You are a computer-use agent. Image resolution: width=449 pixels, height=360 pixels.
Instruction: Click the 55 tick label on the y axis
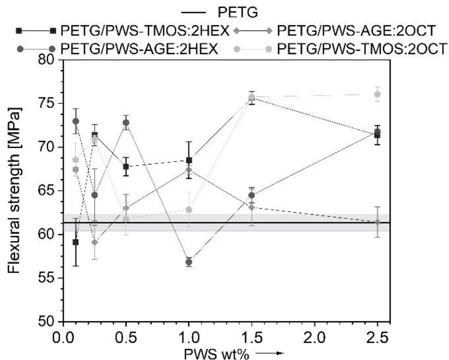click(x=48, y=278)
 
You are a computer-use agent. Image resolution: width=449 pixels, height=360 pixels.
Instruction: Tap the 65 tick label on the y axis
click(x=48, y=191)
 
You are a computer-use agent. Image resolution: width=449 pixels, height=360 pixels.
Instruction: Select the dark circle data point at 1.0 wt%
click(x=189, y=262)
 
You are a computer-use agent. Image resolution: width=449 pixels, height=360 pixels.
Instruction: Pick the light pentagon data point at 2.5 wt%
click(x=377, y=94)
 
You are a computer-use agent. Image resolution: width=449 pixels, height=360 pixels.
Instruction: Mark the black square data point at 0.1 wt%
click(x=75, y=242)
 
